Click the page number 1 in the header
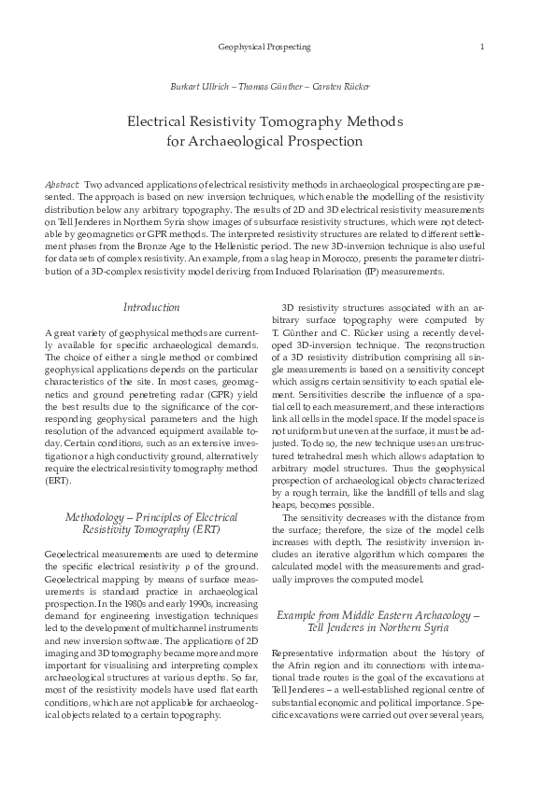coord(480,46)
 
